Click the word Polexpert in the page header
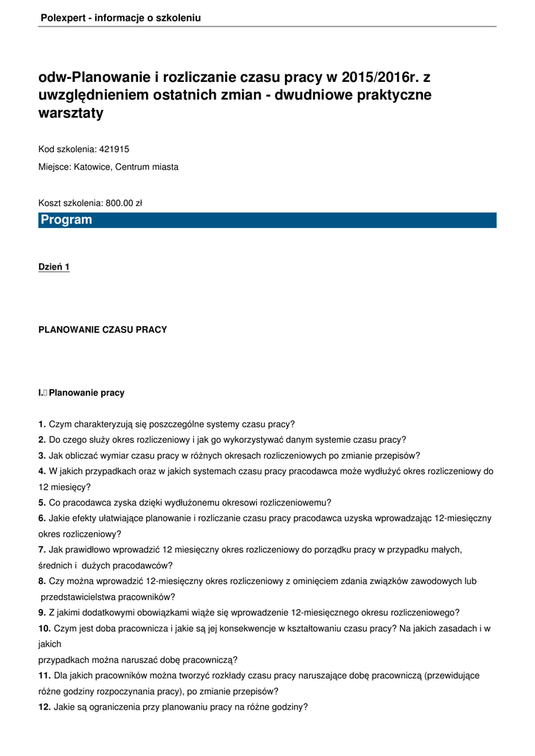pyautogui.click(x=62, y=18)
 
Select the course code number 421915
pyautogui.click(x=114, y=149)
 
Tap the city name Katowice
pyautogui.click(x=93, y=167)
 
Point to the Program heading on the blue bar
pyautogui.click(x=66, y=220)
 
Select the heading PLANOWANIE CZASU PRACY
pyautogui.click(x=103, y=330)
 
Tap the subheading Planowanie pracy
pyautogui.click(x=86, y=393)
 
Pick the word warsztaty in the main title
pyautogui.click(x=71, y=114)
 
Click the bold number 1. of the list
pyautogui.click(x=42, y=424)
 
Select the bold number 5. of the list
pyautogui.click(x=42, y=502)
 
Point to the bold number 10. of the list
pyautogui.click(x=44, y=628)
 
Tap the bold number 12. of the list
pyautogui.click(x=44, y=707)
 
